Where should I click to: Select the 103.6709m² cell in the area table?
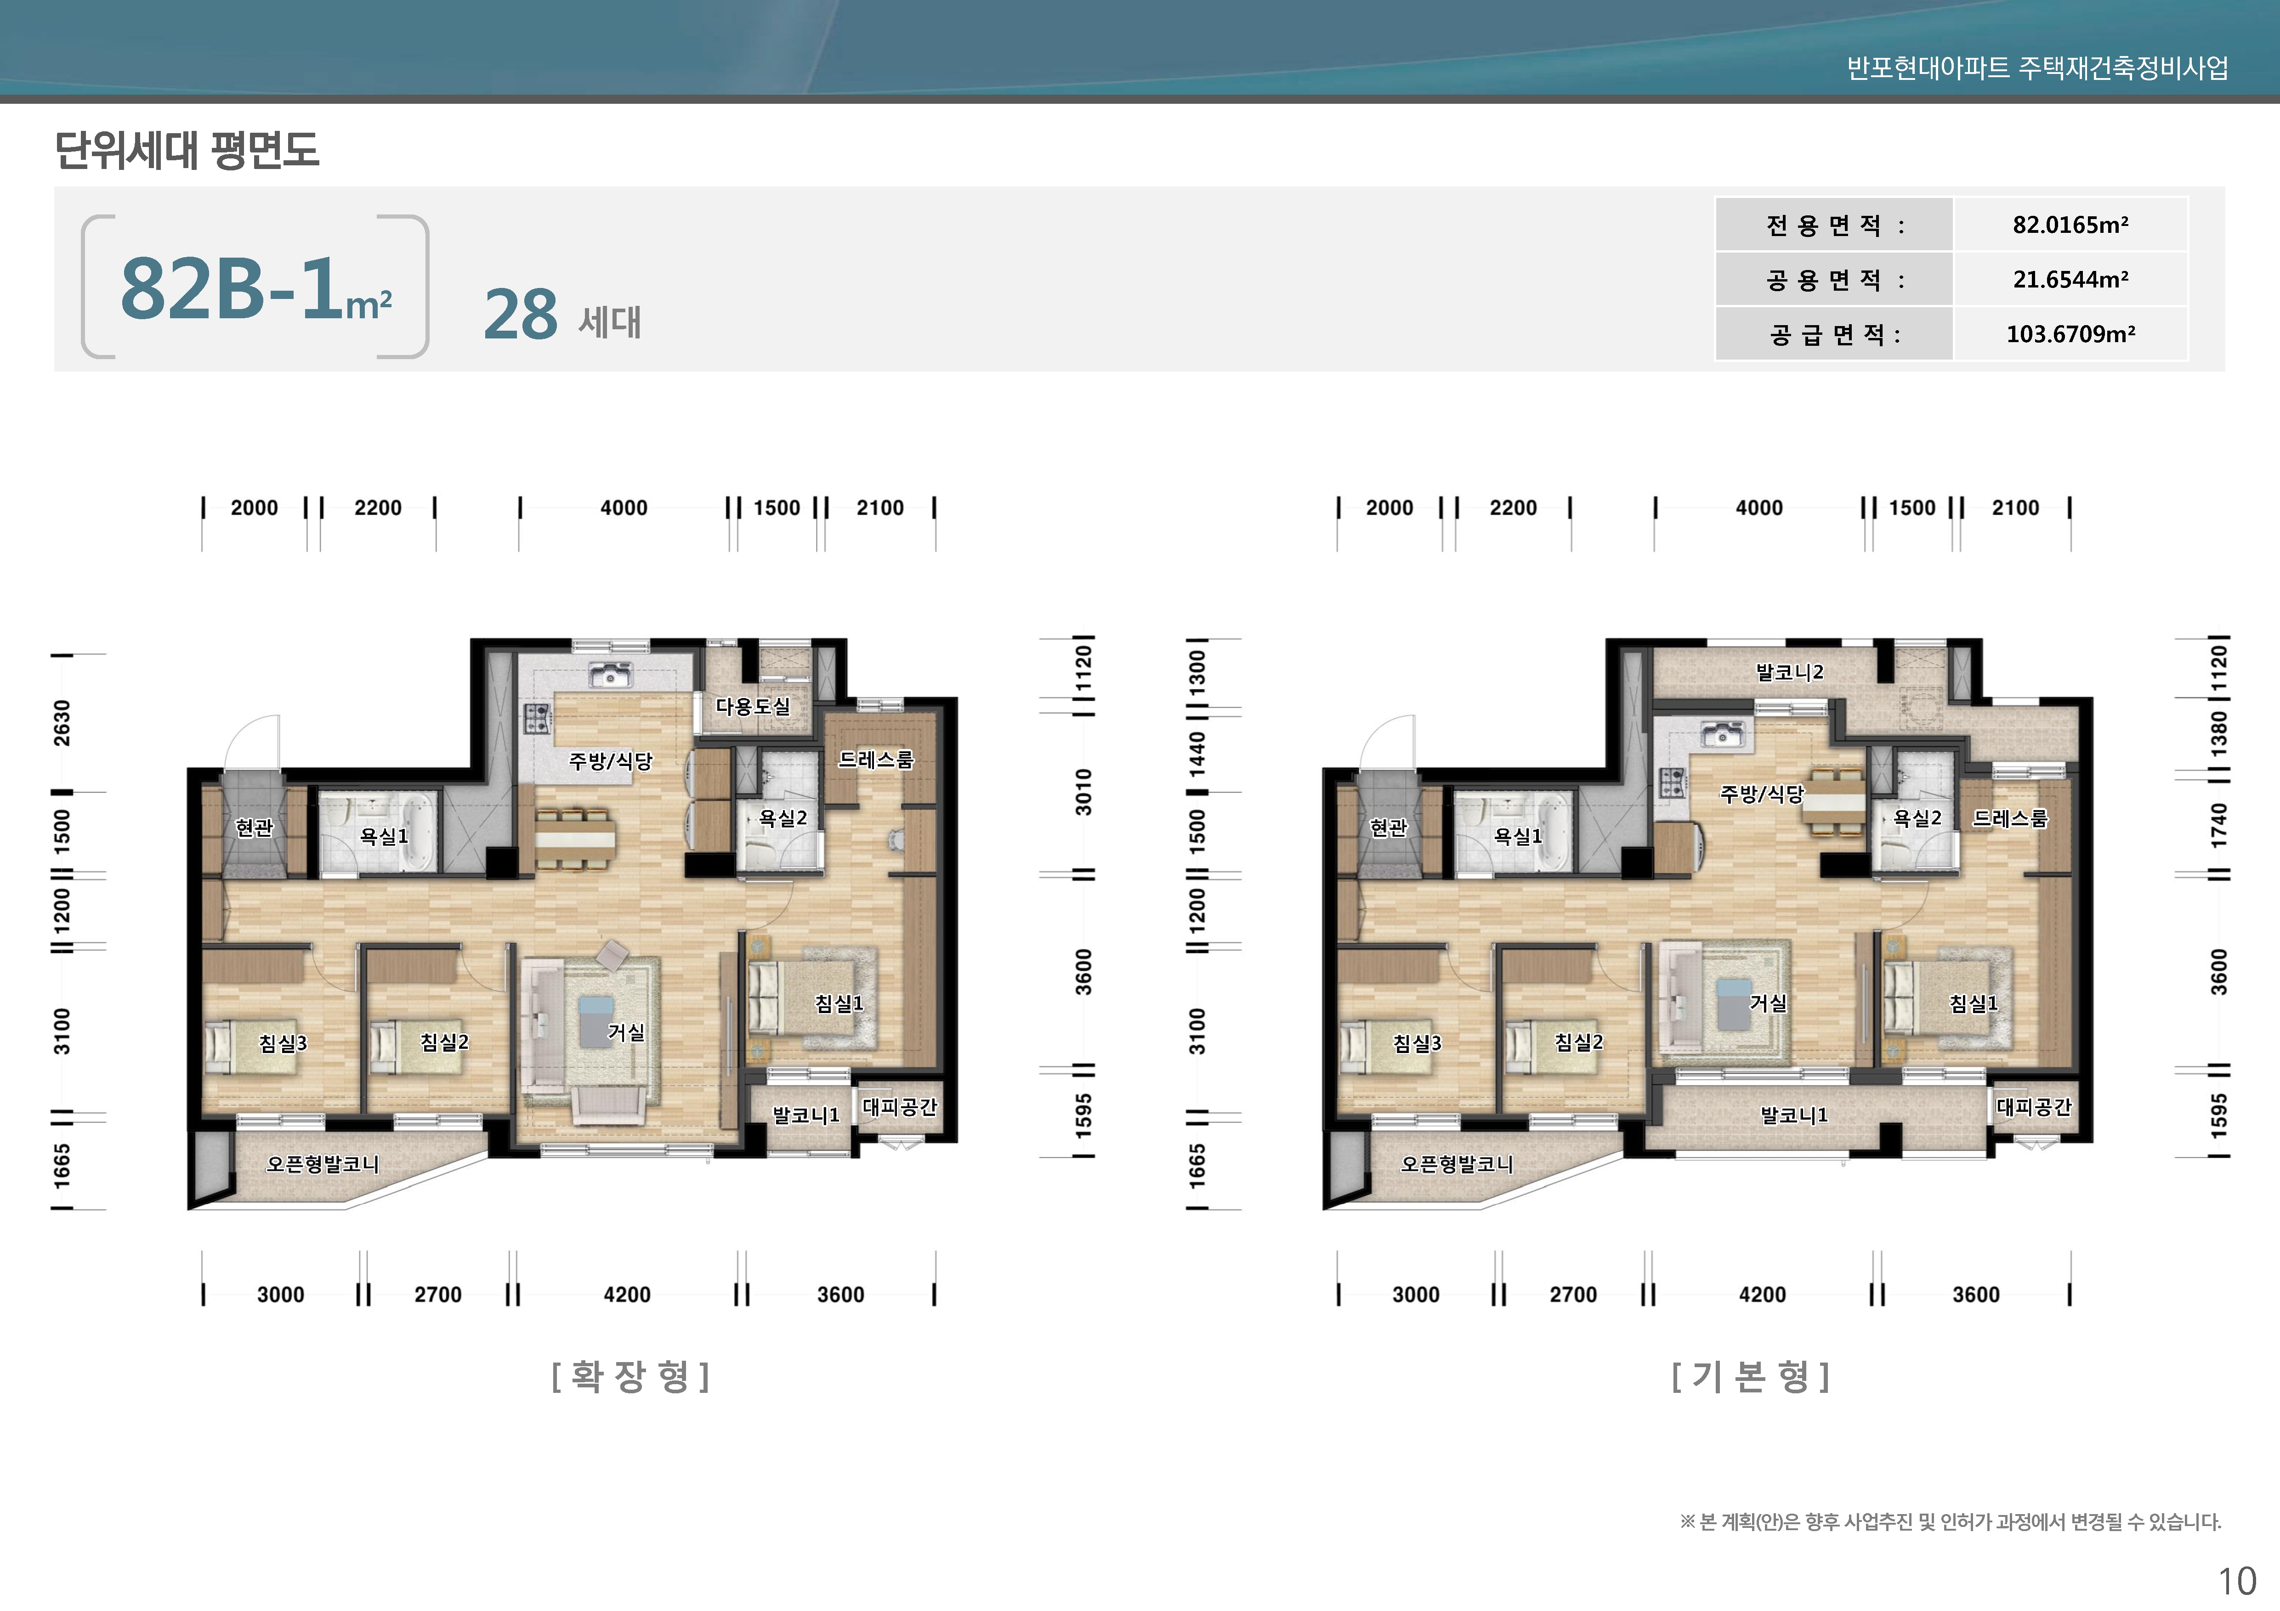2070,333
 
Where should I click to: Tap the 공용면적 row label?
1835,280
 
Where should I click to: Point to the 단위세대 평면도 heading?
187,150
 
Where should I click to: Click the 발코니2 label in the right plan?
1789,672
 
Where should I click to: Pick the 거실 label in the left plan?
626,1032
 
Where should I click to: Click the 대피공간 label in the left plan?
900,1107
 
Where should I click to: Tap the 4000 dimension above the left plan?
624,508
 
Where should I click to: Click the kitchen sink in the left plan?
610,675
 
